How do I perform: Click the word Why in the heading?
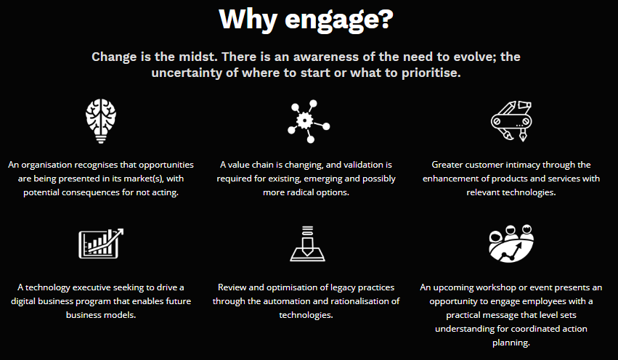click(248, 20)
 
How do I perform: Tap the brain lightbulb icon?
click(101, 121)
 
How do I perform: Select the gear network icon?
click(309, 121)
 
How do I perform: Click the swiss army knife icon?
click(511, 121)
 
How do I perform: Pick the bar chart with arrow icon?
click(101, 243)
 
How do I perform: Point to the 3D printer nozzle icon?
click(307, 243)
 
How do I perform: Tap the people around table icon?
click(511, 243)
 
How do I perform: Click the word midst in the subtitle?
click(198, 57)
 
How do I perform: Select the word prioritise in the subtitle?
click(431, 73)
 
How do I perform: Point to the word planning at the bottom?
click(511, 343)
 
